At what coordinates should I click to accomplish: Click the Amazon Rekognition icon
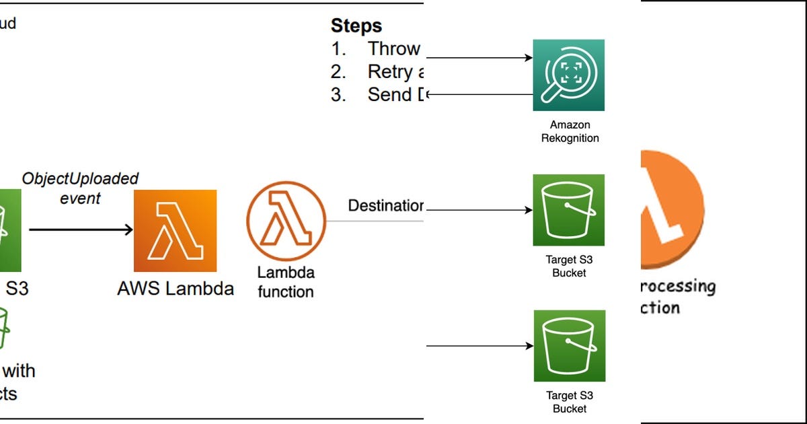(568, 75)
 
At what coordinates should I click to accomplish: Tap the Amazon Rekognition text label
(570, 131)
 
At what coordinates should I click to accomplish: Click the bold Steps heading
(356, 26)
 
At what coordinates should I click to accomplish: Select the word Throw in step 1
(393, 48)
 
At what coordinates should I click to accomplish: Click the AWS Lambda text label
(176, 289)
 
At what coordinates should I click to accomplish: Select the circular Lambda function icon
(286, 221)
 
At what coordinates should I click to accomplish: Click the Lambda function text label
(286, 282)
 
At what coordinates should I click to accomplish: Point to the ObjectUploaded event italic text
(80, 188)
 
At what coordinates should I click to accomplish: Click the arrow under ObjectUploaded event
(81, 230)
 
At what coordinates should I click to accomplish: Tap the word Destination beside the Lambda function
(385, 205)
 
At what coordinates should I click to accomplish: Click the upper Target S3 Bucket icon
(569, 210)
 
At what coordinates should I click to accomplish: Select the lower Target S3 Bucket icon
(569, 346)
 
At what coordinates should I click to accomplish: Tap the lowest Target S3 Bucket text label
(569, 402)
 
